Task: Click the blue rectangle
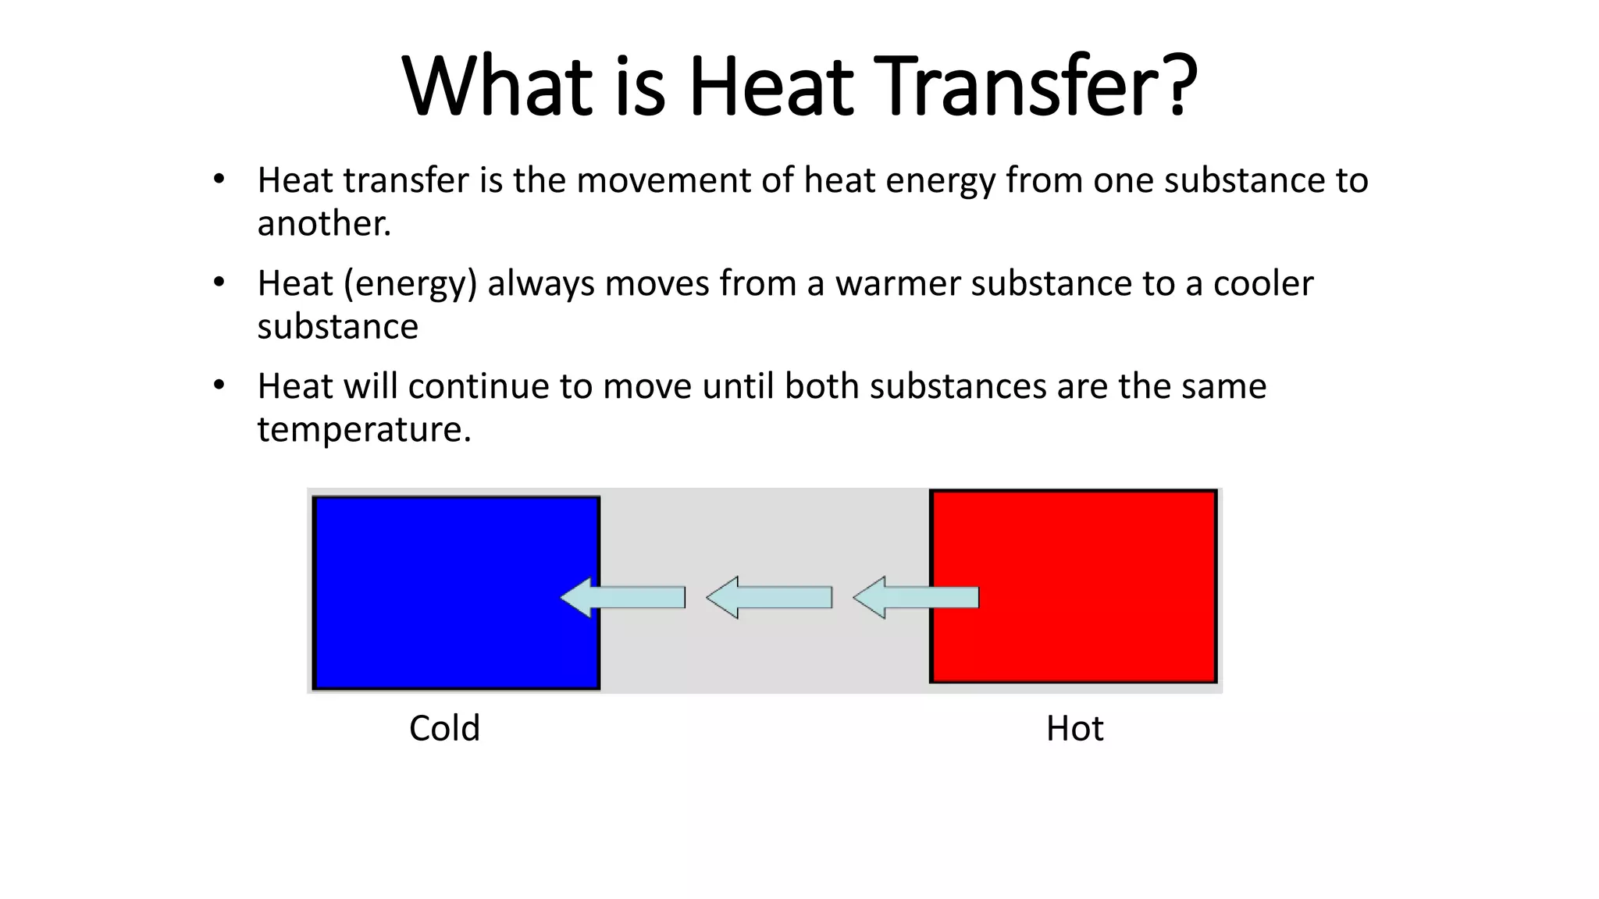[437, 593]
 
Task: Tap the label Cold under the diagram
[444, 729]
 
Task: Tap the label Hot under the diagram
[1074, 729]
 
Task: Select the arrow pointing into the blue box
[623, 598]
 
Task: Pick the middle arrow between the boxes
[769, 598]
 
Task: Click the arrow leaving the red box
[916, 598]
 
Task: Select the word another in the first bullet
[323, 224]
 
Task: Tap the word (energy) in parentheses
[410, 283]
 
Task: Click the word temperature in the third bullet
[364, 430]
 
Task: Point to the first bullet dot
[219, 179]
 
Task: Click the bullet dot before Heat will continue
[219, 386]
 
